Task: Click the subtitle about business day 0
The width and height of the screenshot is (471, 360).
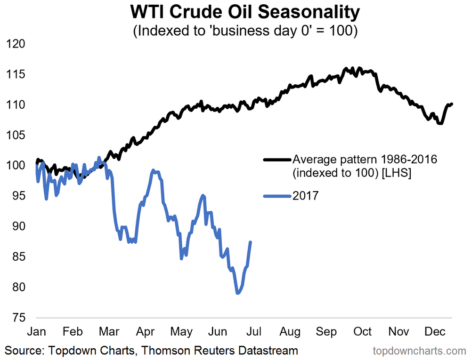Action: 235,32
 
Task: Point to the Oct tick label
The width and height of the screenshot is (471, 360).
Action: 363,332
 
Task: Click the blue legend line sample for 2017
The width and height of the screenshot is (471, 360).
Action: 277,196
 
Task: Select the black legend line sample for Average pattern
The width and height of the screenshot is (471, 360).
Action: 277,160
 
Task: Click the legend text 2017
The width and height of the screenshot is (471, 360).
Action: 306,196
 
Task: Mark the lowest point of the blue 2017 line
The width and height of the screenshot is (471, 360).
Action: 238,293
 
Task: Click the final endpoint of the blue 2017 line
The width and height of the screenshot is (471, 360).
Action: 251,242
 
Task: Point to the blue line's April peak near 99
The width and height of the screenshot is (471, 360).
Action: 153,170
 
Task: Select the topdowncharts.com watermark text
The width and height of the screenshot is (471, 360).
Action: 419,351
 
